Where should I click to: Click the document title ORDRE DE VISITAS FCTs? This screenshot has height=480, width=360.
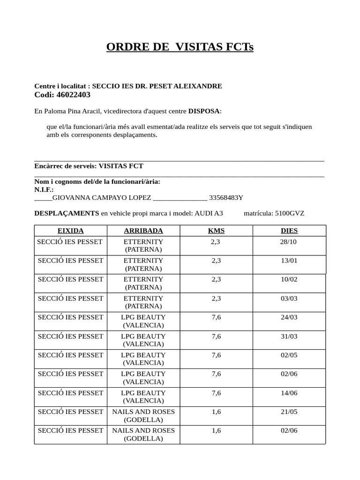[180, 47]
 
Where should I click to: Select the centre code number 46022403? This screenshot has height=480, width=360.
[73, 95]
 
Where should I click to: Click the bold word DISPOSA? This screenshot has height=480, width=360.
[204, 111]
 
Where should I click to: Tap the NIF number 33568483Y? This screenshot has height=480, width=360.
[226, 197]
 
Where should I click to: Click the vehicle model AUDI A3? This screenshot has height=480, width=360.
[209, 213]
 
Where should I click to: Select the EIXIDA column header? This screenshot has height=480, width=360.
[70, 231]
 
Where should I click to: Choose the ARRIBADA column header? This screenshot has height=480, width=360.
[143, 231]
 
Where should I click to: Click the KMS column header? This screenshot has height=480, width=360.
[216, 231]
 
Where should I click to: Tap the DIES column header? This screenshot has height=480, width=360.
[289, 231]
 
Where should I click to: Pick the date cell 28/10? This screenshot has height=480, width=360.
[289, 241]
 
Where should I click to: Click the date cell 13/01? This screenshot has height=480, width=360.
[289, 260]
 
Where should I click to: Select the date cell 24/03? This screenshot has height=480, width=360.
[289, 317]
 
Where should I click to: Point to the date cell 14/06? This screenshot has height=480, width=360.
[289, 393]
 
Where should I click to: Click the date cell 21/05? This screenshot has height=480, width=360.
[289, 412]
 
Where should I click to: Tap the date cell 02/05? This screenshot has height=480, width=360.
[289, 355]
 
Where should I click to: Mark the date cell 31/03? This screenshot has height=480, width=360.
[289, 336]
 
